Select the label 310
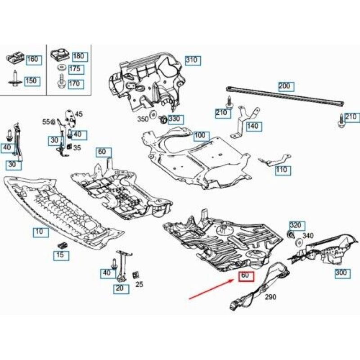193,61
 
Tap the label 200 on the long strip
286,86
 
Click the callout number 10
41,232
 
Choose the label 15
61,256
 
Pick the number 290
270,297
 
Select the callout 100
201,136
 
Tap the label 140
254,126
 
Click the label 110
283,171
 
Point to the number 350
143,119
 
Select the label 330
176,120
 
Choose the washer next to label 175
61,68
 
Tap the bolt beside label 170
61,81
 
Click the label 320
297,226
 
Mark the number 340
308,235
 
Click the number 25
139,284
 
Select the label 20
121,288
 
